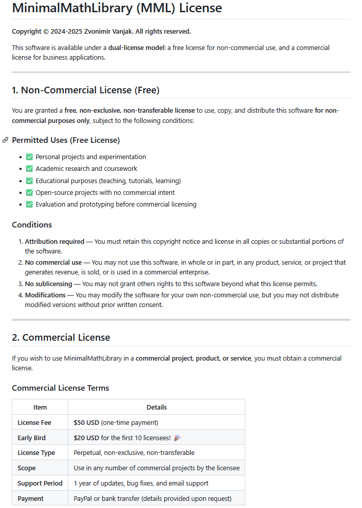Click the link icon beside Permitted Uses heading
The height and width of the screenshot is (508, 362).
click(5, 140)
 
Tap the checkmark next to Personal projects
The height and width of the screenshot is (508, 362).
click(29, 157)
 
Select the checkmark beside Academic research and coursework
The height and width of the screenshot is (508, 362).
click(29, 169)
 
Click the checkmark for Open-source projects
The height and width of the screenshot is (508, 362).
click(29, 193)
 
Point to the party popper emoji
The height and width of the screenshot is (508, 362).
click(177, 438)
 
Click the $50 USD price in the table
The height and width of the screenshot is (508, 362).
click(86, 422)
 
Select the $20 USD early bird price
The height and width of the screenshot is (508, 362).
click(86, 438)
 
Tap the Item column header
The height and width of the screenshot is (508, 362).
click(40, 407)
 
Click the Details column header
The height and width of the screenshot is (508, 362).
click(157, 407)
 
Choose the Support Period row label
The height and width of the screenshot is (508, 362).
click(40, 483)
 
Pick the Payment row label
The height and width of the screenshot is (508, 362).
click(31, 498)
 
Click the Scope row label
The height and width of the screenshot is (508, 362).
click(27, 468)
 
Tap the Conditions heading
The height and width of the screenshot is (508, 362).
click(32, 225)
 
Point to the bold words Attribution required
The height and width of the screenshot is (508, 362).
click(51, 241)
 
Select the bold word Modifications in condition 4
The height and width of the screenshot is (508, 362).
click(45, 295)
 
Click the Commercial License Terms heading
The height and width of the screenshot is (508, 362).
click(60, 388)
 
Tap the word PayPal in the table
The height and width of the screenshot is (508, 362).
click(84, 498)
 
